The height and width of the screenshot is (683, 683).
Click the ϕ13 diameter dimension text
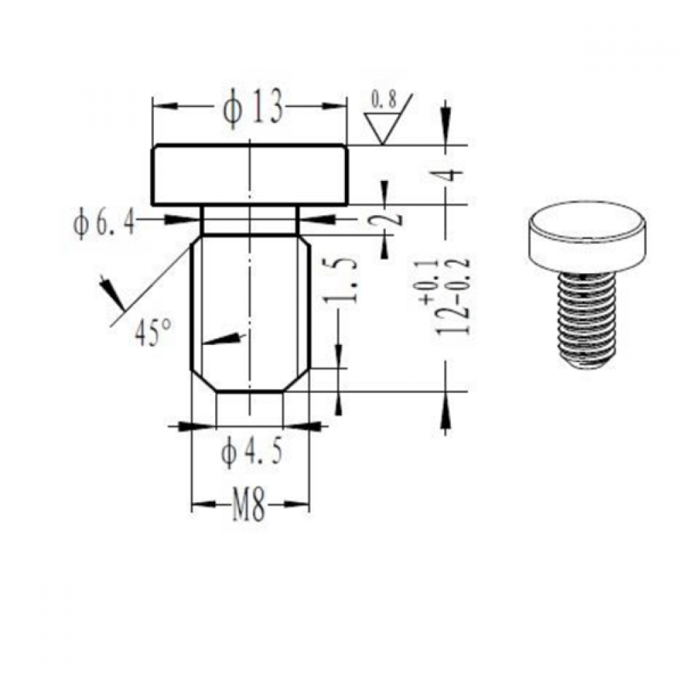pos(253,108)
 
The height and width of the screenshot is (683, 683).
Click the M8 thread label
pos(249,505)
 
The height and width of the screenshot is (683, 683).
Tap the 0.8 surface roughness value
pos(383,100)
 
